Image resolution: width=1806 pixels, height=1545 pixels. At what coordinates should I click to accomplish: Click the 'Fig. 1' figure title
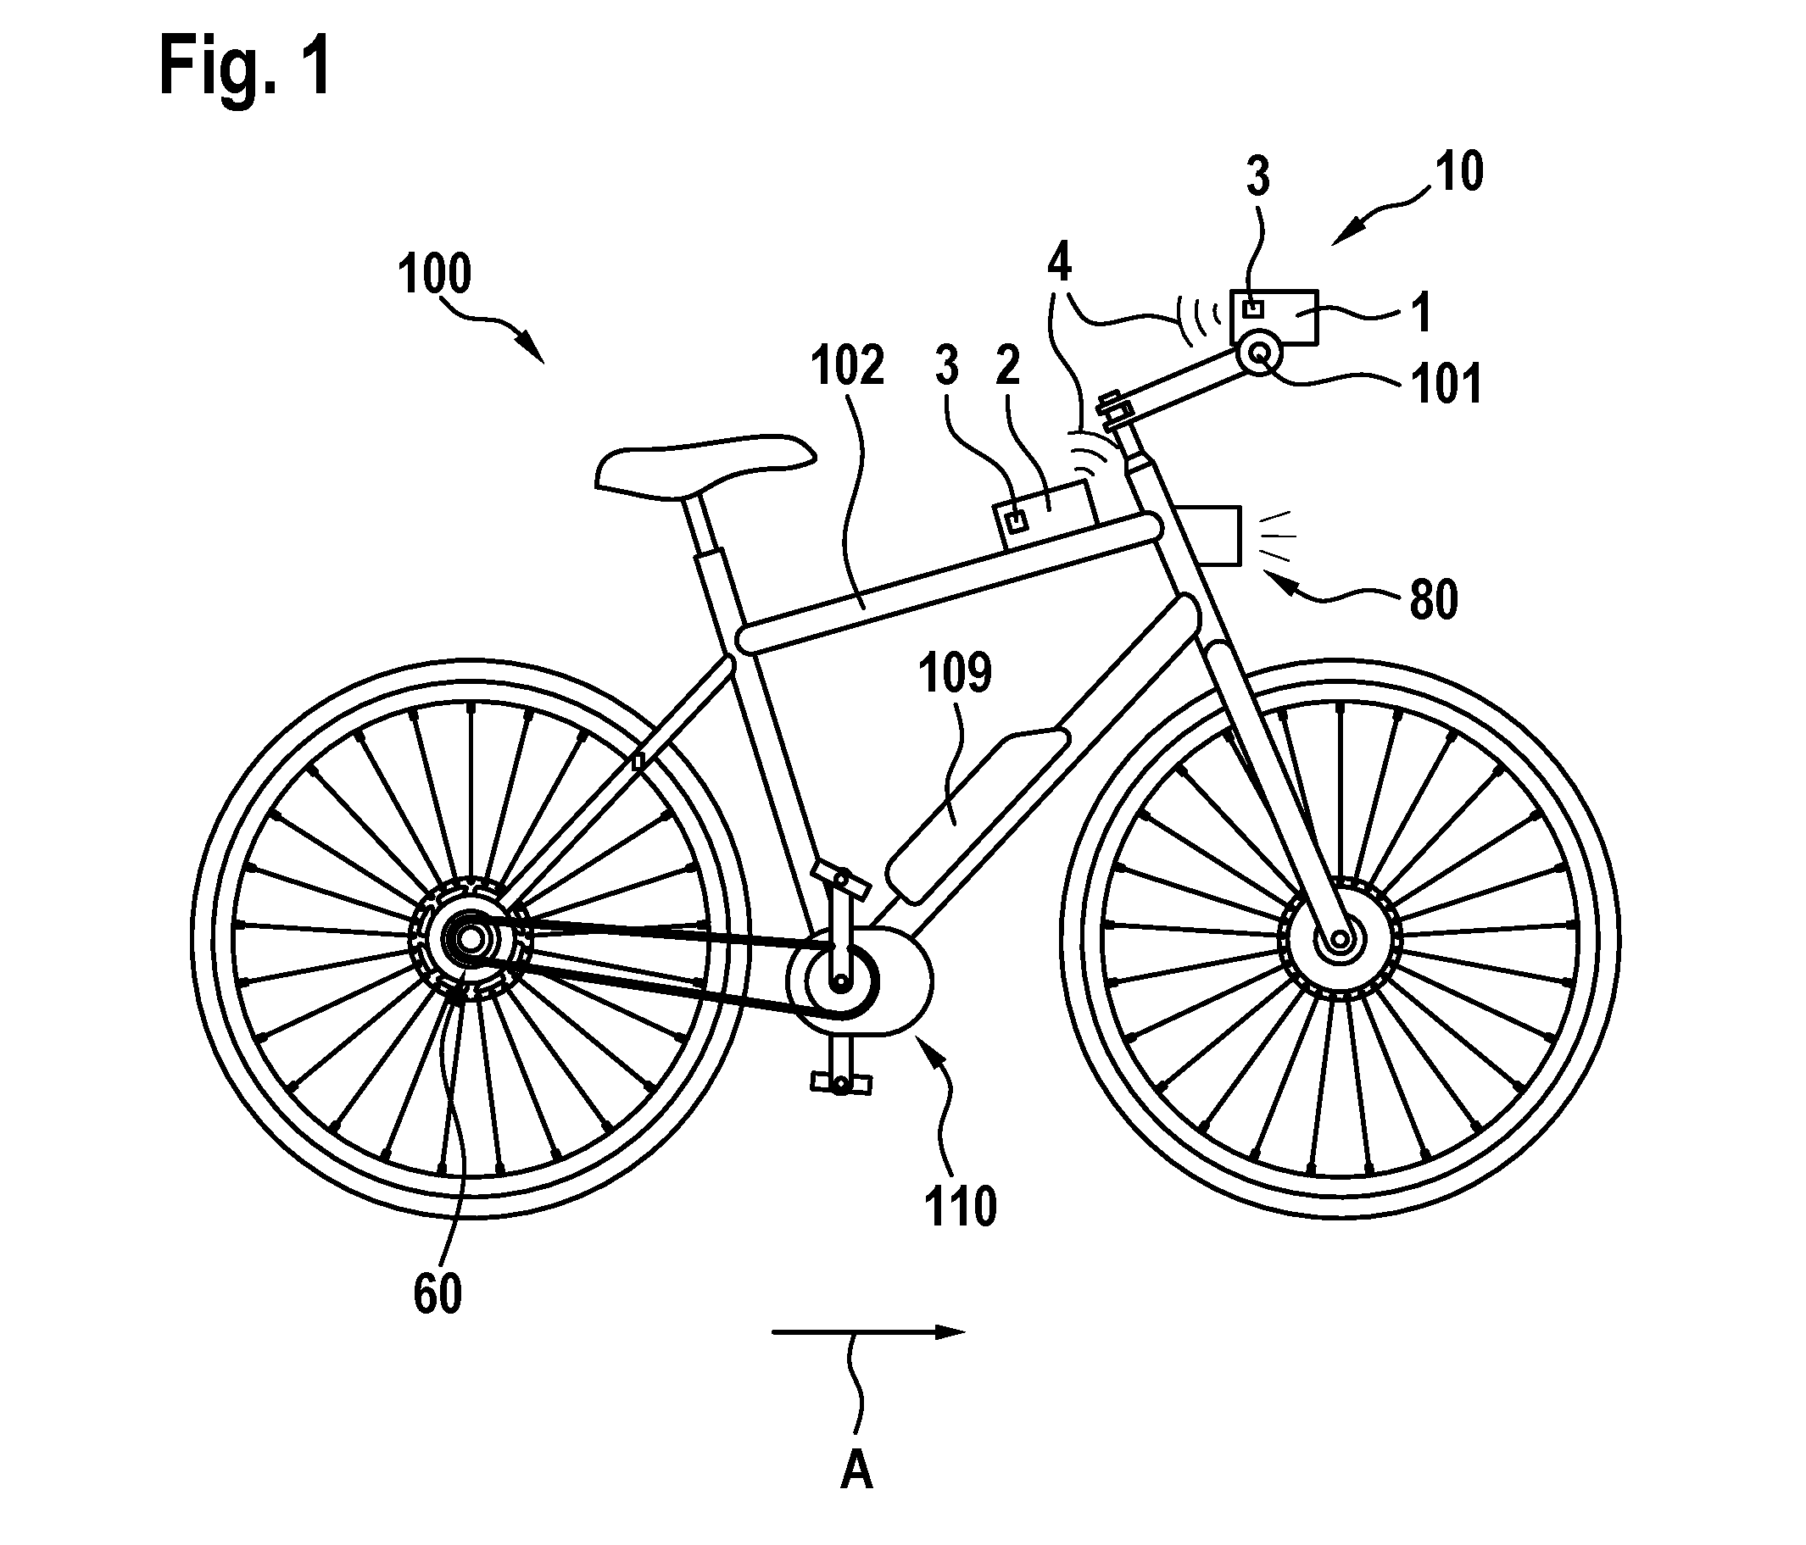tap(246, 67)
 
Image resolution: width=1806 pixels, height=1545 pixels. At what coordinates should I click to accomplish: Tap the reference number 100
tap(434, 274)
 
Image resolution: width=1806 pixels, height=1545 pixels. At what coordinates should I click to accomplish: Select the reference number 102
tap(847, 365)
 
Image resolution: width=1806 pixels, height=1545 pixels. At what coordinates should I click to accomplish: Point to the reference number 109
tap(956, 674)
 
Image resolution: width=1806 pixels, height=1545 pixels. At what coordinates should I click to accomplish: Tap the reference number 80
tap(1434, 600)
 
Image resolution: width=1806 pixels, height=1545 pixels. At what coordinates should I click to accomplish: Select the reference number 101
tap(1446, 384)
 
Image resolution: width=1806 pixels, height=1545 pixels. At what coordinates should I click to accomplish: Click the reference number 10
tap(1459, 172)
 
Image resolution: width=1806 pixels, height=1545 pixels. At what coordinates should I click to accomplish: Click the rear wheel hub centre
tap(470, 939)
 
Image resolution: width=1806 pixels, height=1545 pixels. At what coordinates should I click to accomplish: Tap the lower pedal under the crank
tap(841, 1083)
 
